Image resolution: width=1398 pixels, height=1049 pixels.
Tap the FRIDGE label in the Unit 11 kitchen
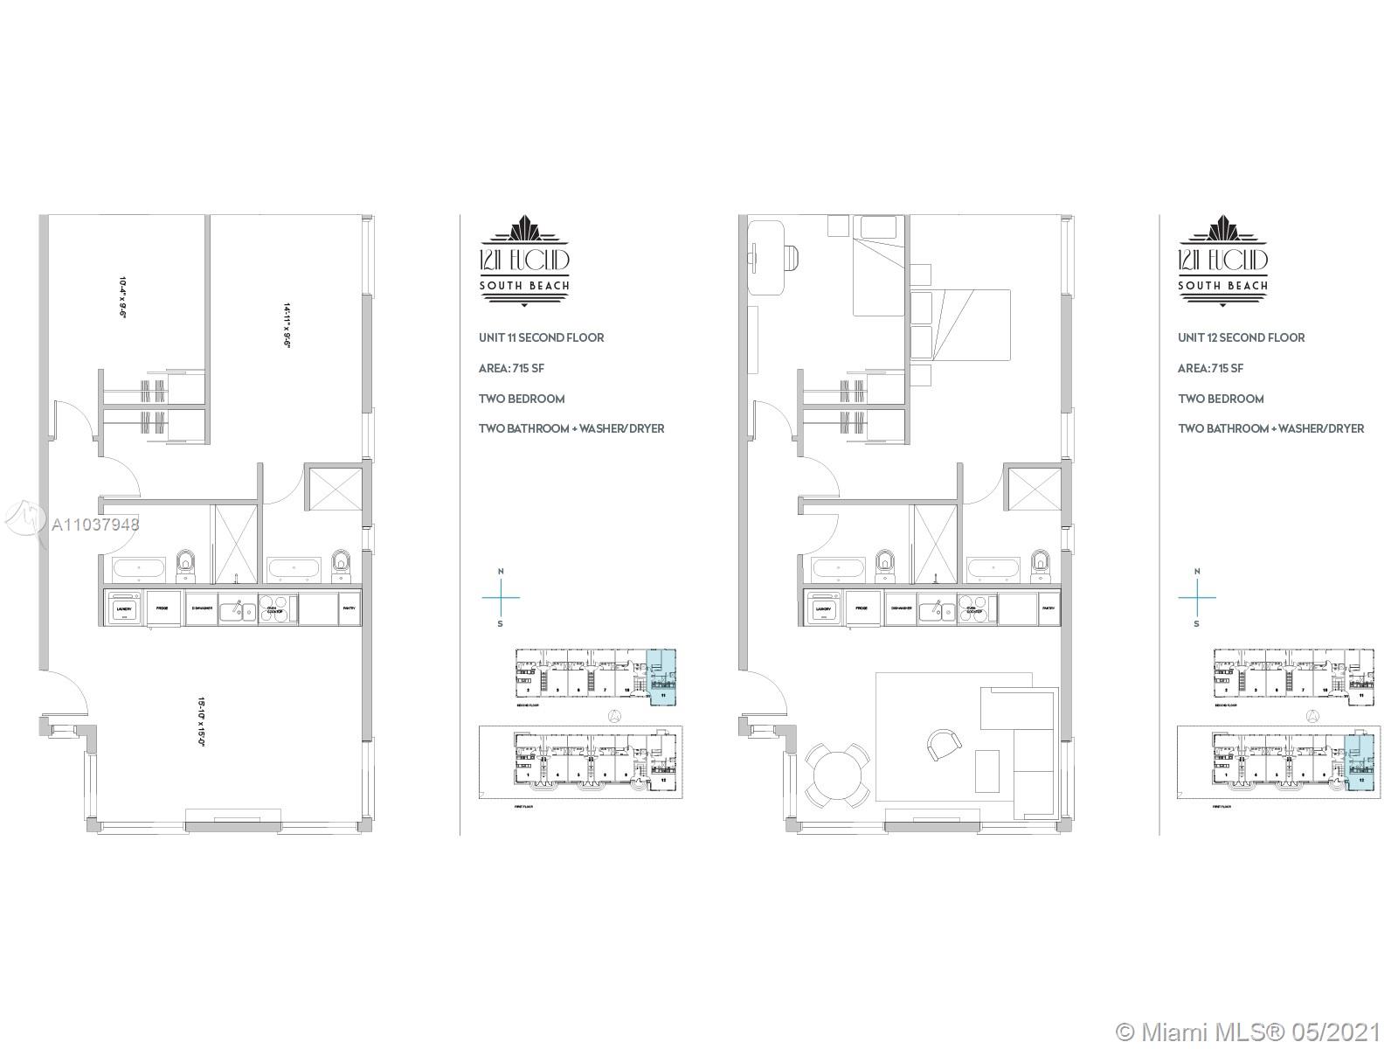click(x=163, y=608)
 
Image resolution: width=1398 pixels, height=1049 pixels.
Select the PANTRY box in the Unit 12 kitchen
click(x=1048, y=608)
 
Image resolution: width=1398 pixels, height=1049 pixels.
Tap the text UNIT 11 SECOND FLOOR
click(x=541, y=337)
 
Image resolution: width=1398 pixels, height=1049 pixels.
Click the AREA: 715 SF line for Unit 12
click(x=1210, y=368)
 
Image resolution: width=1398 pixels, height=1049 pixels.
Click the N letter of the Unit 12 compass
click(x=1196, y=571)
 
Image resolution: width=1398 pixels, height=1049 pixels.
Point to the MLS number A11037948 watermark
click(x=94, y=524)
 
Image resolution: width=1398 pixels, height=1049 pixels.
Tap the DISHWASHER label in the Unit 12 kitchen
click(x=902, y=608)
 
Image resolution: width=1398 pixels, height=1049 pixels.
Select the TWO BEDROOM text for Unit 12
click(x=1221, y=399)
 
